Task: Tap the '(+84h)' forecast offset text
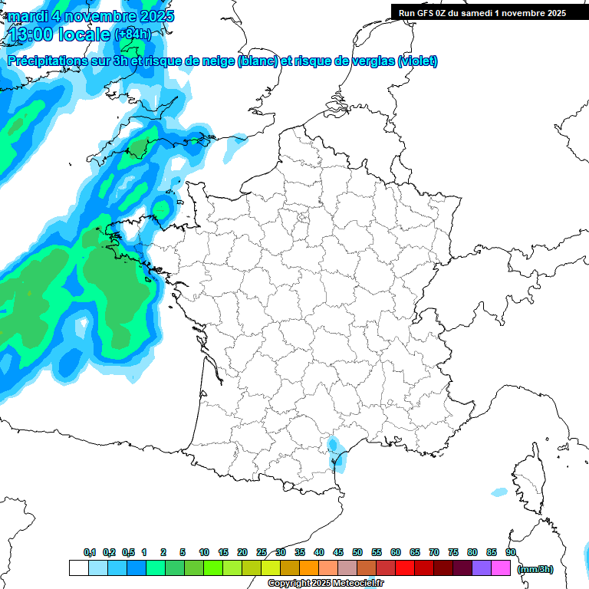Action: tap(133, 35)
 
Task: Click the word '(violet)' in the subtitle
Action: tap(417, 61)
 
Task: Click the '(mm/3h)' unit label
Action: tap(535, 569)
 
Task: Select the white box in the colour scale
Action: tap(78, 568)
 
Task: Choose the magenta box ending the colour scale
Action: tap(501, 568)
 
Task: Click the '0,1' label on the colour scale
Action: tap(90, 552)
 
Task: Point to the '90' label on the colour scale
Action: tap(511, 552)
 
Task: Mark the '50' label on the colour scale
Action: tap(357, 552)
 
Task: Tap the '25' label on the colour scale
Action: tap(262, 552)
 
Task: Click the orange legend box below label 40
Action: tap(309, 568)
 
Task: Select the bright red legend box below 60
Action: tap(405, 568)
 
